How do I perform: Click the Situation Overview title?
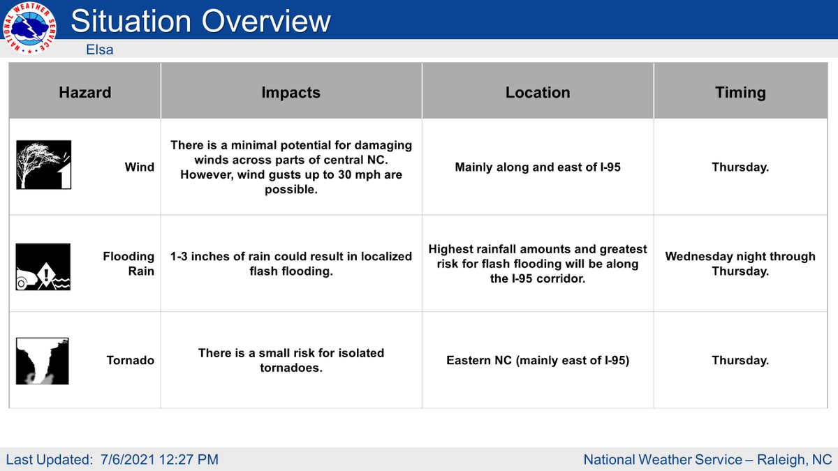click(200, 22)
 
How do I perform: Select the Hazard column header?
click(84, 93)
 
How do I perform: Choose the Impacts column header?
click(291, 93)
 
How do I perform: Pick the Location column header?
click(537, 93)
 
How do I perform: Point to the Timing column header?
click(740, 93)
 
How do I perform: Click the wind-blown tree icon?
click(43, 165)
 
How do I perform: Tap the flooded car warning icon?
click(43, 266)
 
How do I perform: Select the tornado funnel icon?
click(43, 361)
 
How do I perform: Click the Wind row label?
click(140, 167)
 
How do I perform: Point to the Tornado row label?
click(131, 361)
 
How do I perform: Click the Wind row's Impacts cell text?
click(291, 167)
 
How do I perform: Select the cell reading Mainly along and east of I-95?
click(537, 167)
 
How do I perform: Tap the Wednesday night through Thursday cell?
click(740, 264)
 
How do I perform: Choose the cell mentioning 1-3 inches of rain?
click(291, 264)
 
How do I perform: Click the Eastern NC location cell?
click(537, 361)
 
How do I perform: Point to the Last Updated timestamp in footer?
click(112, 459)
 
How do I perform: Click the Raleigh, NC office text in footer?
click(707, 459)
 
